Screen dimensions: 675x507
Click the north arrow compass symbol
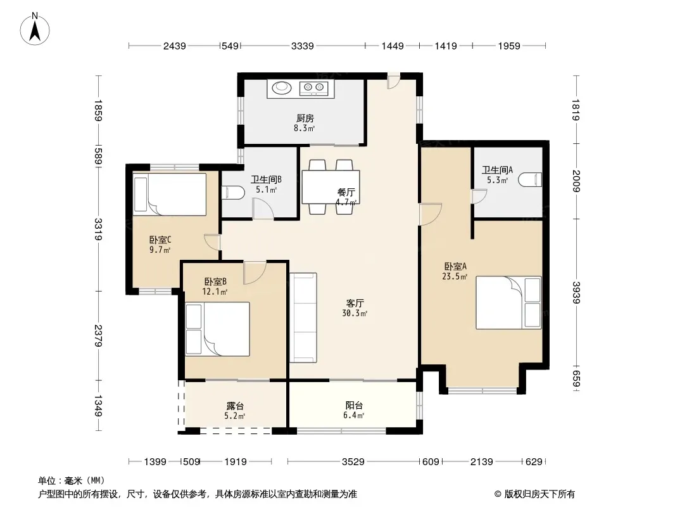click(x=35, y=29)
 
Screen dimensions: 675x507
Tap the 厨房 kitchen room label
click(x=305, y=118)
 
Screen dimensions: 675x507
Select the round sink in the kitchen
click(x=281, y=88)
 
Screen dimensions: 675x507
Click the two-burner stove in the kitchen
click(x=314, y=88)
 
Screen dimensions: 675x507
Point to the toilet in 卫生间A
click(x=530, y=179)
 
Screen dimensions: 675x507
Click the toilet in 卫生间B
click(x=233, y=192)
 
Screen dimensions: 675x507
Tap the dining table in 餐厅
click(x=331, y=187)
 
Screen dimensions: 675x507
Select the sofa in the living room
click(x=303, y=318)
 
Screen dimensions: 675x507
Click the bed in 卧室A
click(x=508, y=302)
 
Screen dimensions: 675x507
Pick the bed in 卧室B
click(x=217, y=329)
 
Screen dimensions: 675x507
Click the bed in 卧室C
click(x=170, y=194)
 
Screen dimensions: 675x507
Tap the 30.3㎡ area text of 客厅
click(x=355, y=314)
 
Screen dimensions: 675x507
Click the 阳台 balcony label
click(x=354, y=406)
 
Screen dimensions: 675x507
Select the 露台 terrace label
click(x=235, y=406)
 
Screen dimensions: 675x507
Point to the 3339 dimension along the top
click(x=302, y=46)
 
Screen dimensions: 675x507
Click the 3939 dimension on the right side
click(x=576, y=293)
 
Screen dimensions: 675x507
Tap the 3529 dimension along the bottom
click(x=353, y=462)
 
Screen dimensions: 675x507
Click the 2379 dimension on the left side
click(x=99, y=335)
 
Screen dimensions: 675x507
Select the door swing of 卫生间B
click(x=263, y=209)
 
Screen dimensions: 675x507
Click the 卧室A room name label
click(x=455, y=267)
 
